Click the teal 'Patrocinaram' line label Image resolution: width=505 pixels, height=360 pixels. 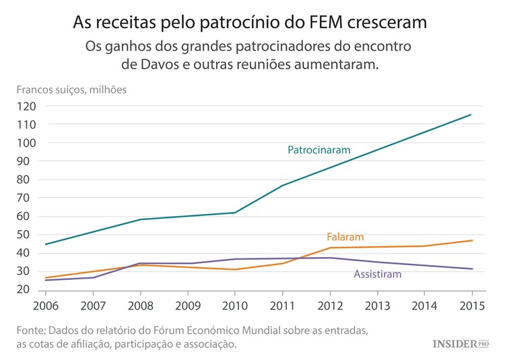tap(319, 150)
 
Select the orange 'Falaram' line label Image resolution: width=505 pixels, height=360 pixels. tap(345, 237)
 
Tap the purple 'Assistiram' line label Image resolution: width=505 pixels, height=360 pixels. tap(377, 274)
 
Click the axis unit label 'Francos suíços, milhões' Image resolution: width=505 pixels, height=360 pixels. tap(71, 89)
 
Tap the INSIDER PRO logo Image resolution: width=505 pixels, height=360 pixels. tap(460, 344)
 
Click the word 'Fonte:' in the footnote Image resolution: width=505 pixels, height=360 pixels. tap(31, 331)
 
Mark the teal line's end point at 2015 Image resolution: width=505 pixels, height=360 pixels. tap(471, 114)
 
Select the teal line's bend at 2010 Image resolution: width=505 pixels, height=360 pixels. tap(235, 213)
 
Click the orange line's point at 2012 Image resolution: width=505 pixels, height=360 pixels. tap(330, 248)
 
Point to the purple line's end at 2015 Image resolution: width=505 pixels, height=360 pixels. tap(472, 269)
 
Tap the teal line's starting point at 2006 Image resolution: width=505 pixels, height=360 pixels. tap(45, 244)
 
